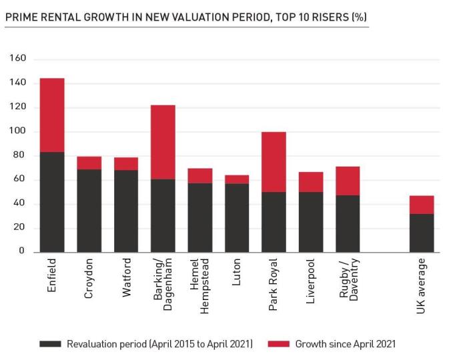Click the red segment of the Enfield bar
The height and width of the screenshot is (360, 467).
52,115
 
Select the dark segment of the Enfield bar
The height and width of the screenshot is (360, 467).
52,201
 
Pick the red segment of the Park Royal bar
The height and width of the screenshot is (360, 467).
274,162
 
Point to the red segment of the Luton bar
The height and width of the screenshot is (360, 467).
237,179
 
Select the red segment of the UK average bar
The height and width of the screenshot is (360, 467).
421,205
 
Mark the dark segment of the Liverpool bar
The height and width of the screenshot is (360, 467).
310,221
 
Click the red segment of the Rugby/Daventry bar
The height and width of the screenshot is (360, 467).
347,181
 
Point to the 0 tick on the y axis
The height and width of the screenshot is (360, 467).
22,251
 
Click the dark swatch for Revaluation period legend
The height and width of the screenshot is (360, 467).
50,344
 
